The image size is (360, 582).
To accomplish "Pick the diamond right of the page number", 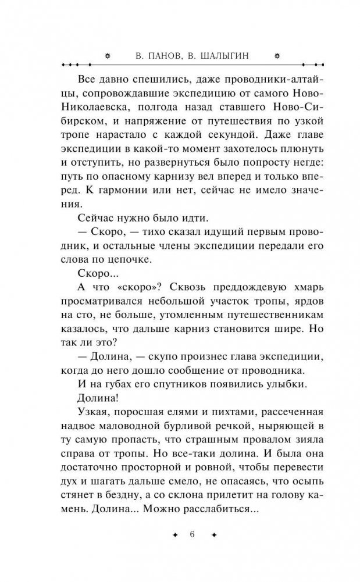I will [213, 535].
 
